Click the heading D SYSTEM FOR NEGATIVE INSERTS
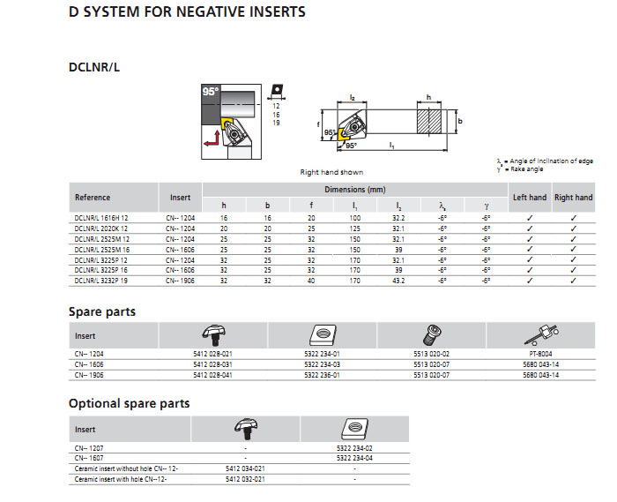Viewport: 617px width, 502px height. pos(187,12)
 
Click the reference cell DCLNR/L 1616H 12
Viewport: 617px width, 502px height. pos(102,217)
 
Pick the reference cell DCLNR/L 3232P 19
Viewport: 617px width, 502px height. pos(102,281)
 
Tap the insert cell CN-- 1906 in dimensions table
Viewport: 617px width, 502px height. pos(182,281)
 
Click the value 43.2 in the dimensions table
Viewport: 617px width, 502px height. pos(398,281)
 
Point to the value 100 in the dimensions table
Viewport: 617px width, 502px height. pos(354,217)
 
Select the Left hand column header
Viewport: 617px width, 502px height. pos(530,198)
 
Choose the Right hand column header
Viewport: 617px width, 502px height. pos(573,198)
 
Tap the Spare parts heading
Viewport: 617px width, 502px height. pos(102,312)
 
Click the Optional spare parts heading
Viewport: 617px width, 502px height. pos(129,404)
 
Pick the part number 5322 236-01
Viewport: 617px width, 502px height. pos(321,374)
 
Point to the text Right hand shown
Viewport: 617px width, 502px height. pos(331,172)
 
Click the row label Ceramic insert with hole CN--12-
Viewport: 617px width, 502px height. pos(120,478)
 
